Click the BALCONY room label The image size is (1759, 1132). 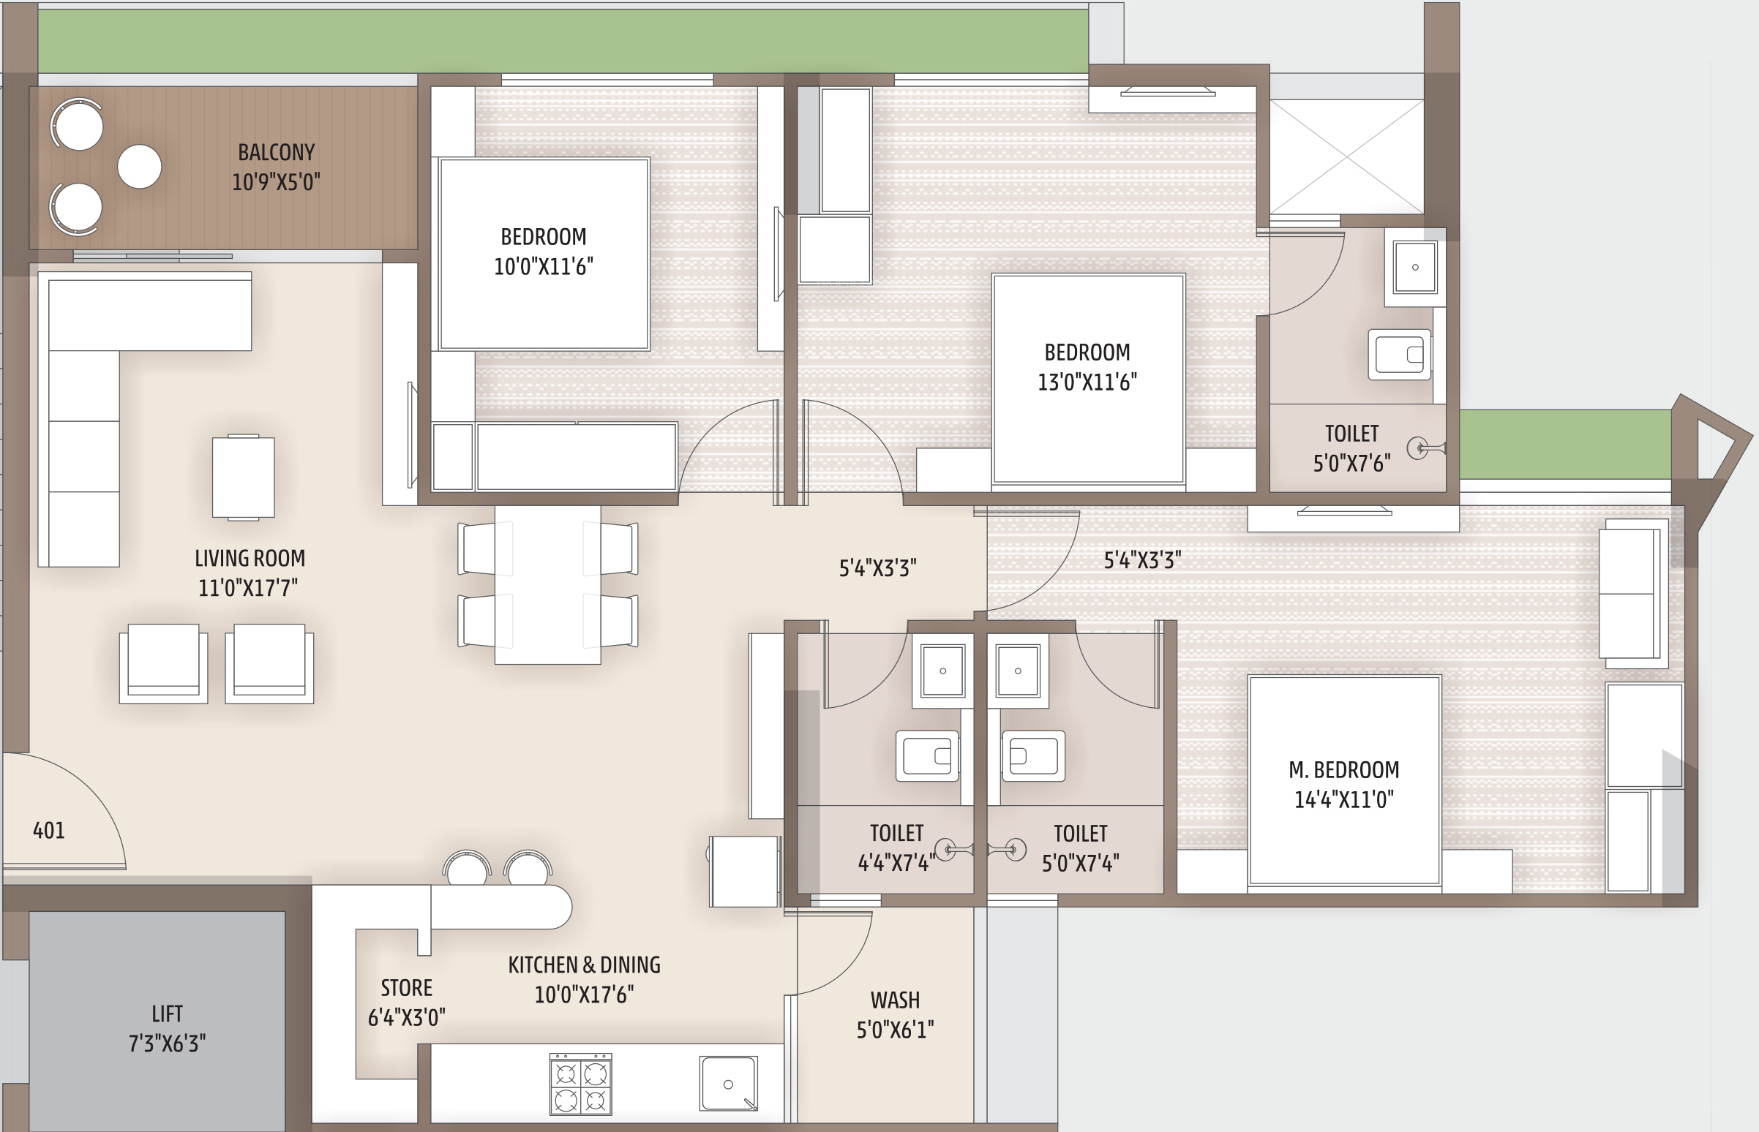tap(276, 152)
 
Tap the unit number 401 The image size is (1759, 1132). tap(48, 831)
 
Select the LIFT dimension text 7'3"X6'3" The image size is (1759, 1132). tap(167, 1043)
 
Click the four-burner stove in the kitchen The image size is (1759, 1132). tap(580, 1084)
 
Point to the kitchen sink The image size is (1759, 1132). tap(728, 1084)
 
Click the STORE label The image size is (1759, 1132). tap(407, 987)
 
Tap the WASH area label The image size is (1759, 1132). tap(895, 1000)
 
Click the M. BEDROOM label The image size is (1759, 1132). tap(1343, 769)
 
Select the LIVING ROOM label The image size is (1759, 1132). tap(250, 558)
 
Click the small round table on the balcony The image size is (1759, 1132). tap(139, 166)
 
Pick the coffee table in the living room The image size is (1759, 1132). tap(244, 478)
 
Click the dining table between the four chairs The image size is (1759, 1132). tap(548, 584)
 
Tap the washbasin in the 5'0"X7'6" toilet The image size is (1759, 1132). tap(1414, 267)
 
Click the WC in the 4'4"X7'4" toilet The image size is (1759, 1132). tap(927, 755)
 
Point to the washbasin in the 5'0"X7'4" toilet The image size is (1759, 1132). tap(1018, 671)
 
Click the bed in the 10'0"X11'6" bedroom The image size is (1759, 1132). tap(544, 254)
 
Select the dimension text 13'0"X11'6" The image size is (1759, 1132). tap(1087, 382)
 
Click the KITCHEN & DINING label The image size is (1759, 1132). tap(584, 965)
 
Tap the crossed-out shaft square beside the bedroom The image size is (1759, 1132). tap(1346, 156)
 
